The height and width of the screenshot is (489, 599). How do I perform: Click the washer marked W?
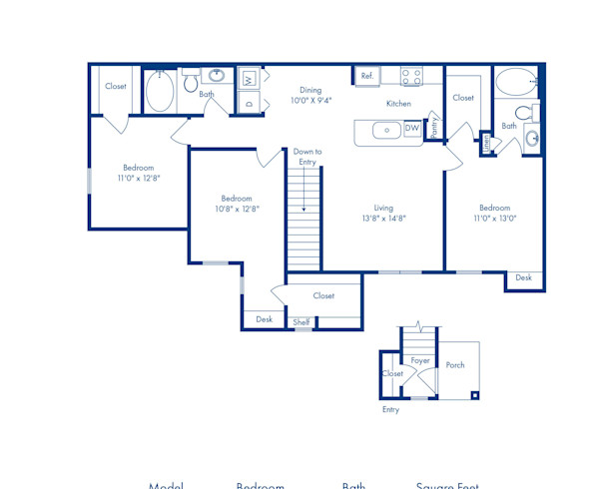coord(250,78)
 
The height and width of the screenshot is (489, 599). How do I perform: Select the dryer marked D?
coord(250,102)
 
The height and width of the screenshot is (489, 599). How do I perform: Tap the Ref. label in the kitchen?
coord(366,76)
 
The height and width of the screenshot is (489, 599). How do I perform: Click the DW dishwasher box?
coord(411,129)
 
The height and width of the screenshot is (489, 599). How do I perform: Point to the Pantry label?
coord(434,127)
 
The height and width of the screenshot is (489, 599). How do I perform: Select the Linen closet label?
coord(486,144)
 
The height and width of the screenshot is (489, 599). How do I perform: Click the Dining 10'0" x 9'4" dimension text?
coord(310,96)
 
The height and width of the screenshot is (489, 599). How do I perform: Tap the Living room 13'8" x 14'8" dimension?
coord(383,213)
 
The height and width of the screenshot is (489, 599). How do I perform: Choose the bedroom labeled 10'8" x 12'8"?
coord(237,204)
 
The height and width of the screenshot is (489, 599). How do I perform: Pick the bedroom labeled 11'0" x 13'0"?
coord(494,213)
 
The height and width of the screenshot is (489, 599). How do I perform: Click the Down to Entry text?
coord(306,157)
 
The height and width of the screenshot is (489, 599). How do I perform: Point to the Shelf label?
coord(300,322)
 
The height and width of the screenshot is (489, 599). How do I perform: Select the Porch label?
coord(455,365)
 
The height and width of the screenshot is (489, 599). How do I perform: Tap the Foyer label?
coord(420,360)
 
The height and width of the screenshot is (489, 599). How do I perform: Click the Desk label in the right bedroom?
coord(524,278)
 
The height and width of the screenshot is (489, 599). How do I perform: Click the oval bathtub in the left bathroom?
coord(160,94)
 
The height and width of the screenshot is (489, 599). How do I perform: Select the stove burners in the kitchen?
coord(412,76)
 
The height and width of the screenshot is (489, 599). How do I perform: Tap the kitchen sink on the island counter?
coord(383,130)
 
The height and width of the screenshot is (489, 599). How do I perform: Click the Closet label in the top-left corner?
coord(116,87)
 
